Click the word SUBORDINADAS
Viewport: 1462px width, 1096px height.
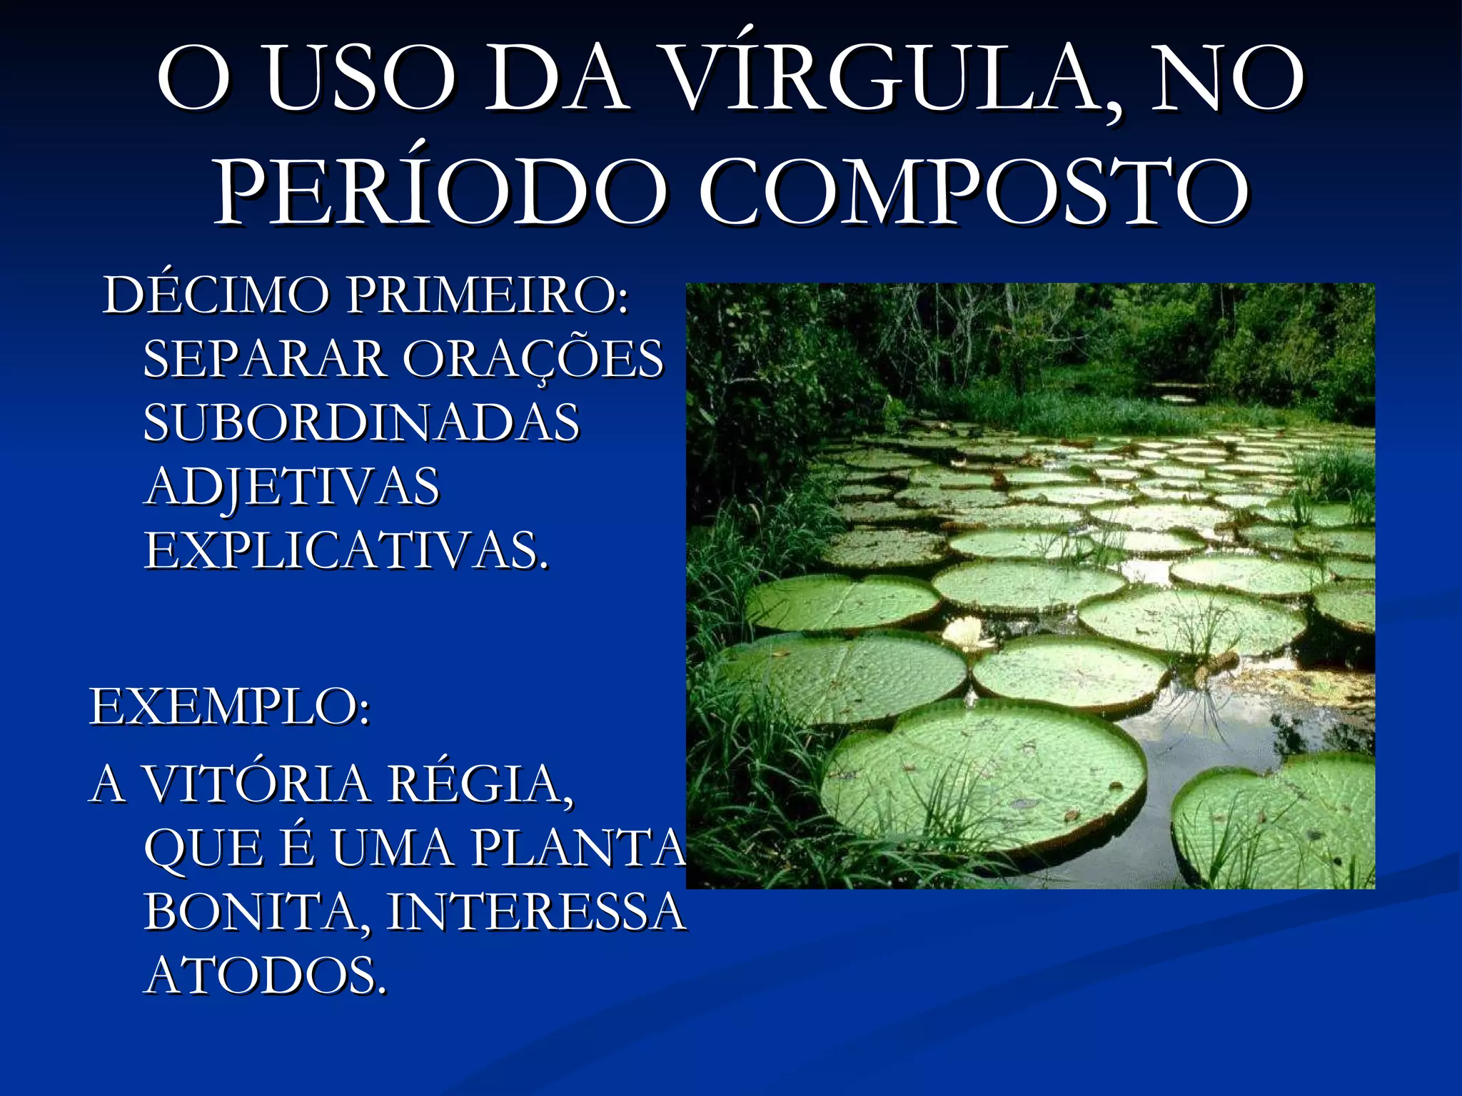361,422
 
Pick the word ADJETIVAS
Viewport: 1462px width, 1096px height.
293,487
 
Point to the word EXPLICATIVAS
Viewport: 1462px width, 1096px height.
347,551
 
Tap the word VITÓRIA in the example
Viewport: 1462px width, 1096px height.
257,783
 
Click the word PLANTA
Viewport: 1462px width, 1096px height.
578,848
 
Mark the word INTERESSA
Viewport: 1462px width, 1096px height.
535,912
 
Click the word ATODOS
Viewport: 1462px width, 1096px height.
266,976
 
